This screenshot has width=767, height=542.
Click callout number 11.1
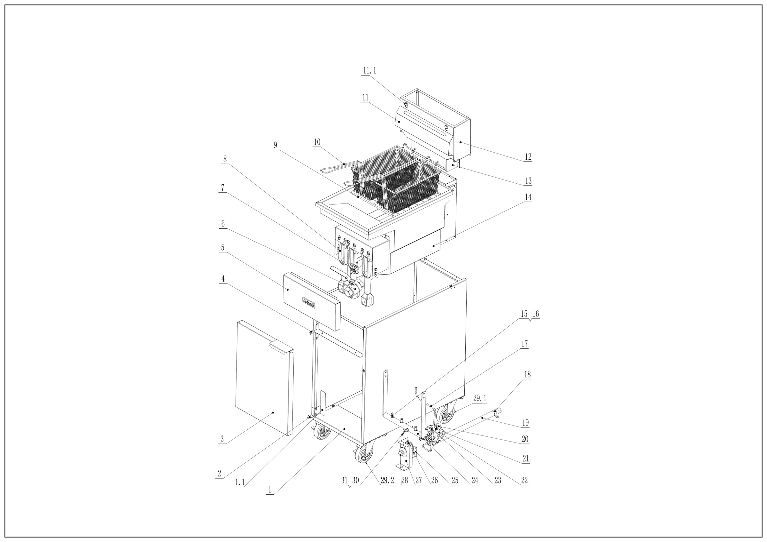coord(369,71)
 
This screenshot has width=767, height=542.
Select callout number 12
coord(528,156)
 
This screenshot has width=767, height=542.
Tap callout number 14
coord(528,197)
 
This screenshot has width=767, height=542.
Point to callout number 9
coord(275,145)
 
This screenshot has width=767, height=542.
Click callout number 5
coord(223,247)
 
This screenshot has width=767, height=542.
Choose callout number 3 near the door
coord(222,439)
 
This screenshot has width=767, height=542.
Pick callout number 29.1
coord(480,398)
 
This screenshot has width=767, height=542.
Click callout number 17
coord(524,344)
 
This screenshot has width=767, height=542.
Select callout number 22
coord(524,481)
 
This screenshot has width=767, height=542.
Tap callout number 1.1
coord(240,482)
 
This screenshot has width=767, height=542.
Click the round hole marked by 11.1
coord(406,105)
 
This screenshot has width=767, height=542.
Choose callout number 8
coord(225,159)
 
